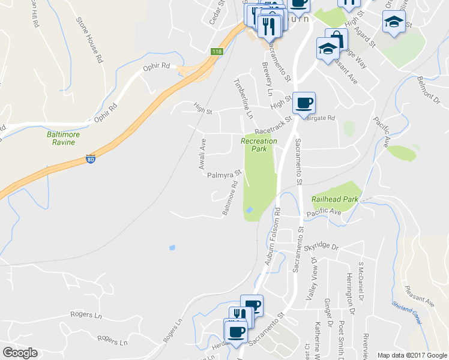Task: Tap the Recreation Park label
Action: click(x=259, y=145)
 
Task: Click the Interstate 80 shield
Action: click(x=90, y=160)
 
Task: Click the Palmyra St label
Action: click(x=223, y=175)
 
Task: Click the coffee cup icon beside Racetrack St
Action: click(x=304, y=103)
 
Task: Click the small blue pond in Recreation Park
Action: click(x=249, y=209)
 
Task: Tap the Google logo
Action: click(x=20, y=353)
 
